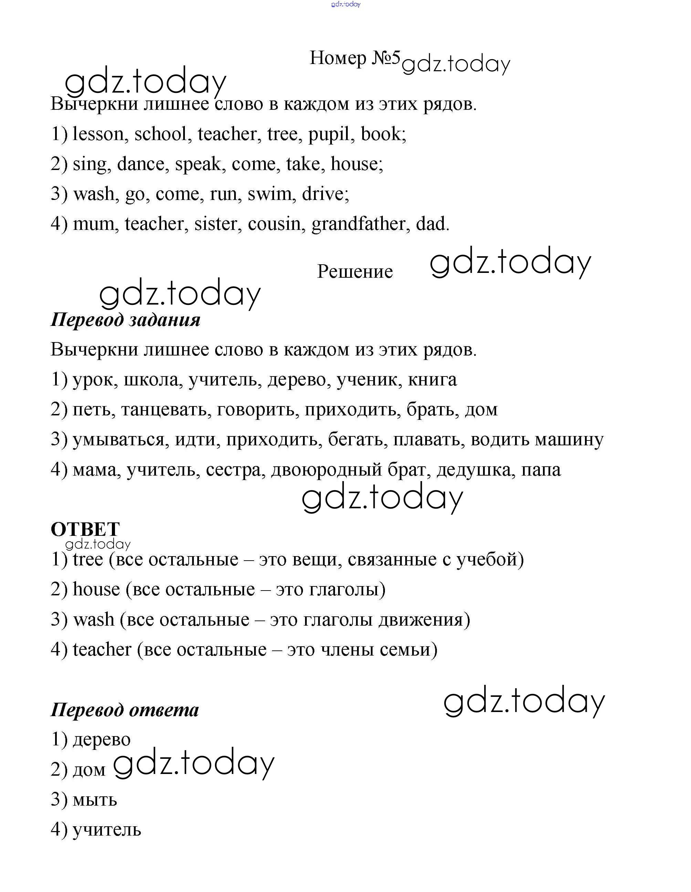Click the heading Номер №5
[355, 58]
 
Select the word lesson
[98, 134]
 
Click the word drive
[325, 194]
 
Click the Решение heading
[355, 272]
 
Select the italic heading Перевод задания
[125, 319]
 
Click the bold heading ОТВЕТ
[85, 529]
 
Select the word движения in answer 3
[424, 619]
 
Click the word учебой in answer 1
[490, 560]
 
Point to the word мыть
[95, 799]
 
